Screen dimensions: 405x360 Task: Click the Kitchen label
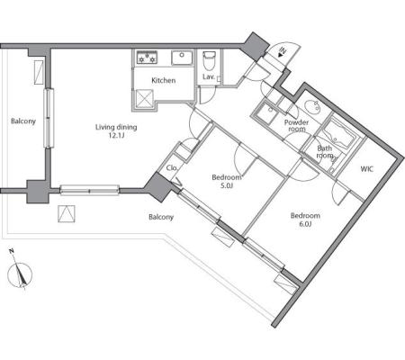pyautogui.click(x=164, y=80)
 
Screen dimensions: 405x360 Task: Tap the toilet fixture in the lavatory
pyautogui.click(x=209, y=60)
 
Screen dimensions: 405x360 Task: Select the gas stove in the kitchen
pyautogui.click(x=147, y=58)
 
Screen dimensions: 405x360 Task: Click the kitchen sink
pyautogui.click(x=182, y=58)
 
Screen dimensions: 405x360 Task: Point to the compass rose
pyautogui.click(x=20, y=274)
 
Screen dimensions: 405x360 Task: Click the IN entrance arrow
pyautogui.click(x=282, y=52)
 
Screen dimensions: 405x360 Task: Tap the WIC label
pyautogui.click(x=367, y=169)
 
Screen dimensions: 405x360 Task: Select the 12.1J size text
pyautogui.click(x=116, y=135)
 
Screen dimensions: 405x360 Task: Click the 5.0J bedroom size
pyautogui.click(x=227, y=185)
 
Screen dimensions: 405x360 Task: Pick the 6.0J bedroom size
pyautogui.click(x=305, y=224)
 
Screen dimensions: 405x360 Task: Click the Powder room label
pyautogui.click(x=297, y=126)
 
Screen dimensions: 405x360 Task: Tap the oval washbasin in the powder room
pyautogui.click(x=312, y=106)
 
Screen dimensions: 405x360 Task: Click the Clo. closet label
pyautogui.click(x=172, y=168)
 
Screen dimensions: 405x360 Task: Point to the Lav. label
pyautogui.click(x=209, y=76)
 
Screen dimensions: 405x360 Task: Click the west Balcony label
pyautogui.click(x=23, y=121)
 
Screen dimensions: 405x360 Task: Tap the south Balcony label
pyautogui.click(x=161, y=217)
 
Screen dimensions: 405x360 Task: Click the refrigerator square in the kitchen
pyautogui.click(x=145, y=98)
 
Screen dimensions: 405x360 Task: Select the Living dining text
pyautogui.click(x=116, y=128)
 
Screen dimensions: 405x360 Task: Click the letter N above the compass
pyautogui.click(x=12, y=251)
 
